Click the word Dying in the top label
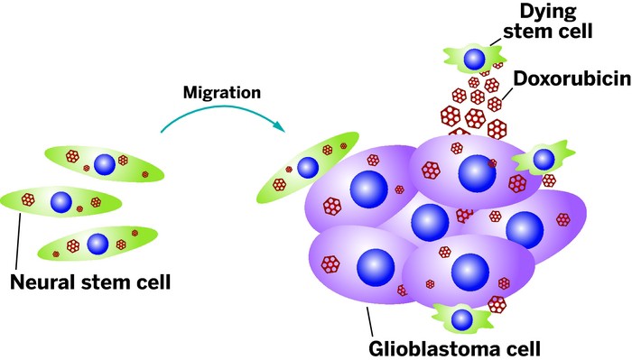[559, 13]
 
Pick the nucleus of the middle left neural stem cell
[61, 200]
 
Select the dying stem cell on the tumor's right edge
[541, 161]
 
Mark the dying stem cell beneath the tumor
[461, 318]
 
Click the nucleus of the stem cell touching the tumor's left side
[308, 168]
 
